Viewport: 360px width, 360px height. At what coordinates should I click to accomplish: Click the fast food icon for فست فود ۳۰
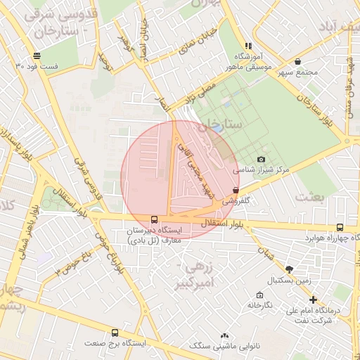[x=36, y=56]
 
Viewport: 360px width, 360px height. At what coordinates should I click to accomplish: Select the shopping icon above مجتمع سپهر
[x=298, y=61]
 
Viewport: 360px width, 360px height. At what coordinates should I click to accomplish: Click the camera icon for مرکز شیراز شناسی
[x=262, y=160]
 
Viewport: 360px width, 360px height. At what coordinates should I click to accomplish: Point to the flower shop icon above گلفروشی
[x=235, y=191]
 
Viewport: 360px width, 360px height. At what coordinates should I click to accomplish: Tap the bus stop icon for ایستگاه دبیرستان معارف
[x=154, y=219]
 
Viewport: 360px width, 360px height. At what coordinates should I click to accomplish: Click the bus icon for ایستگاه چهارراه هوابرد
[x=340, y=227]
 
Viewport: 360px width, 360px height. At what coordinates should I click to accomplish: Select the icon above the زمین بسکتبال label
[x=288, y=269]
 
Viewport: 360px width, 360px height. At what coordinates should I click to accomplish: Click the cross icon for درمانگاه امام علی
[x=314, y=300]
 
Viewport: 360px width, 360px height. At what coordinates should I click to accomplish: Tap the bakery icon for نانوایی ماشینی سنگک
[x=224, y=336]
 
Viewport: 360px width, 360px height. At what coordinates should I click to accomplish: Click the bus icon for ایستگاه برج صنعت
[x=115, y=333]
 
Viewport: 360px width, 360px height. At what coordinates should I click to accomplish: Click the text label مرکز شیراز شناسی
[x=261, y=170]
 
